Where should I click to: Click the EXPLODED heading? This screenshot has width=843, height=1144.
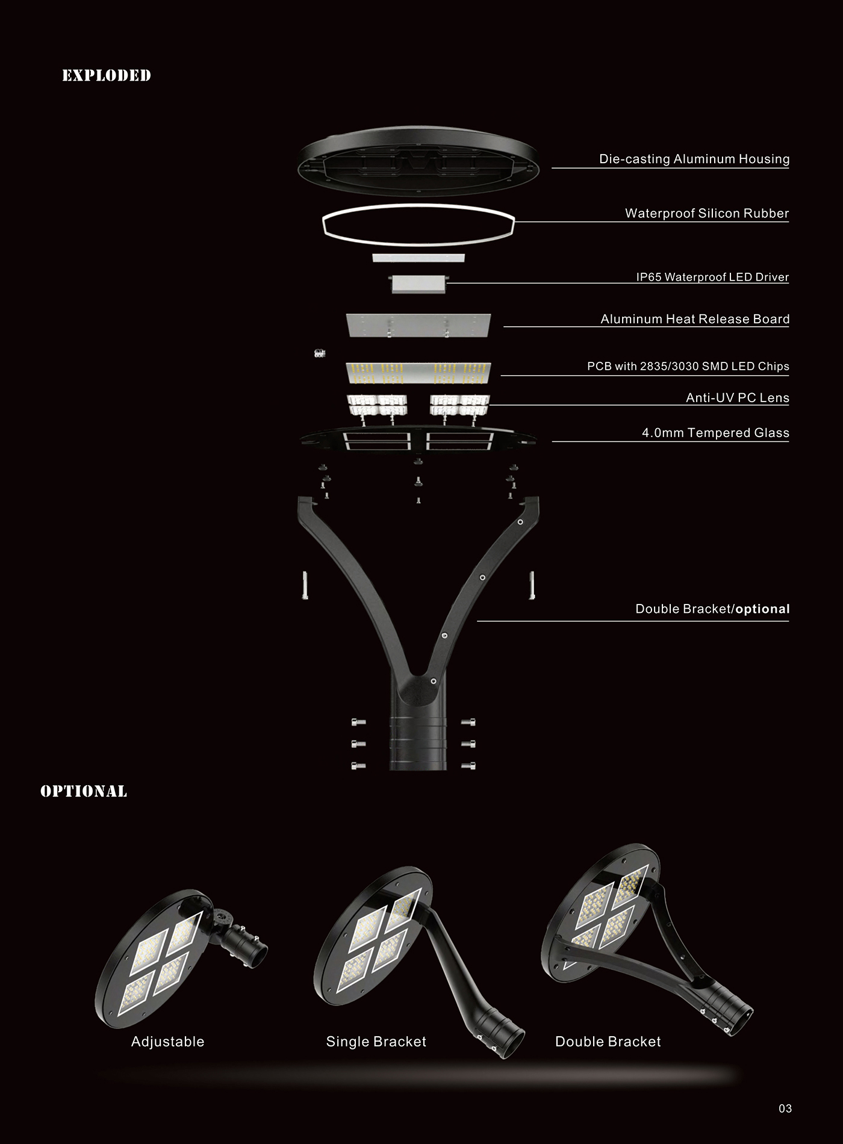click(x=107, y=75)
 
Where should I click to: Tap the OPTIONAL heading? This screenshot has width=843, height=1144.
click(x=84, y=791)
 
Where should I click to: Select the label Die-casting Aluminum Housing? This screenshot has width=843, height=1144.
click(x=694, y=159)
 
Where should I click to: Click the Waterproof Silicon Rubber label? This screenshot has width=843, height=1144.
click(x=706, y=213)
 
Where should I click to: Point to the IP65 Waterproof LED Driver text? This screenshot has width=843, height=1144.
click(x=712, y=277)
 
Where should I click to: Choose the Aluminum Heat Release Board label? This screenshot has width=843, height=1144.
click(x=694, y=319)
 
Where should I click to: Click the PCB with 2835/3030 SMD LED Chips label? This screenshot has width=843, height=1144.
click(x=688, y=366)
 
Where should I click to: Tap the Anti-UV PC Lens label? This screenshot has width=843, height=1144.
click(x=737, y=397)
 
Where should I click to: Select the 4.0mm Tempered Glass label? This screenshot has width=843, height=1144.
click(x=715, y=432)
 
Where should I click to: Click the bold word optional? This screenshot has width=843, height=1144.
click(x=762, y=609)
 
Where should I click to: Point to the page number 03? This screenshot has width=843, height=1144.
click(x=785, y=1108)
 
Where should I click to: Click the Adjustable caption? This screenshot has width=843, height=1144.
click(x=167, y=1042)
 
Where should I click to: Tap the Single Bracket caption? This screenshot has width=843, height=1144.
click(x=376, y=1042)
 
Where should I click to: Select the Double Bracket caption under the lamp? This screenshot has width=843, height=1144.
click(x=608, y=1042)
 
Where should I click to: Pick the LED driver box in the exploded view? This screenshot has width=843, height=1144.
click(x=418, y=284)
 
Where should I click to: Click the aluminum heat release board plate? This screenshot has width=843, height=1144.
click(x=418, y=325)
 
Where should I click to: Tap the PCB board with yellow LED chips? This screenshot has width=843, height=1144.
click(x=418, y=372)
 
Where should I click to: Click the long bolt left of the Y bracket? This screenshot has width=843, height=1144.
click(x=305, y=585)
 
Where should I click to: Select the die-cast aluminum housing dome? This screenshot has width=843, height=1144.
click(x=418, y=160)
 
